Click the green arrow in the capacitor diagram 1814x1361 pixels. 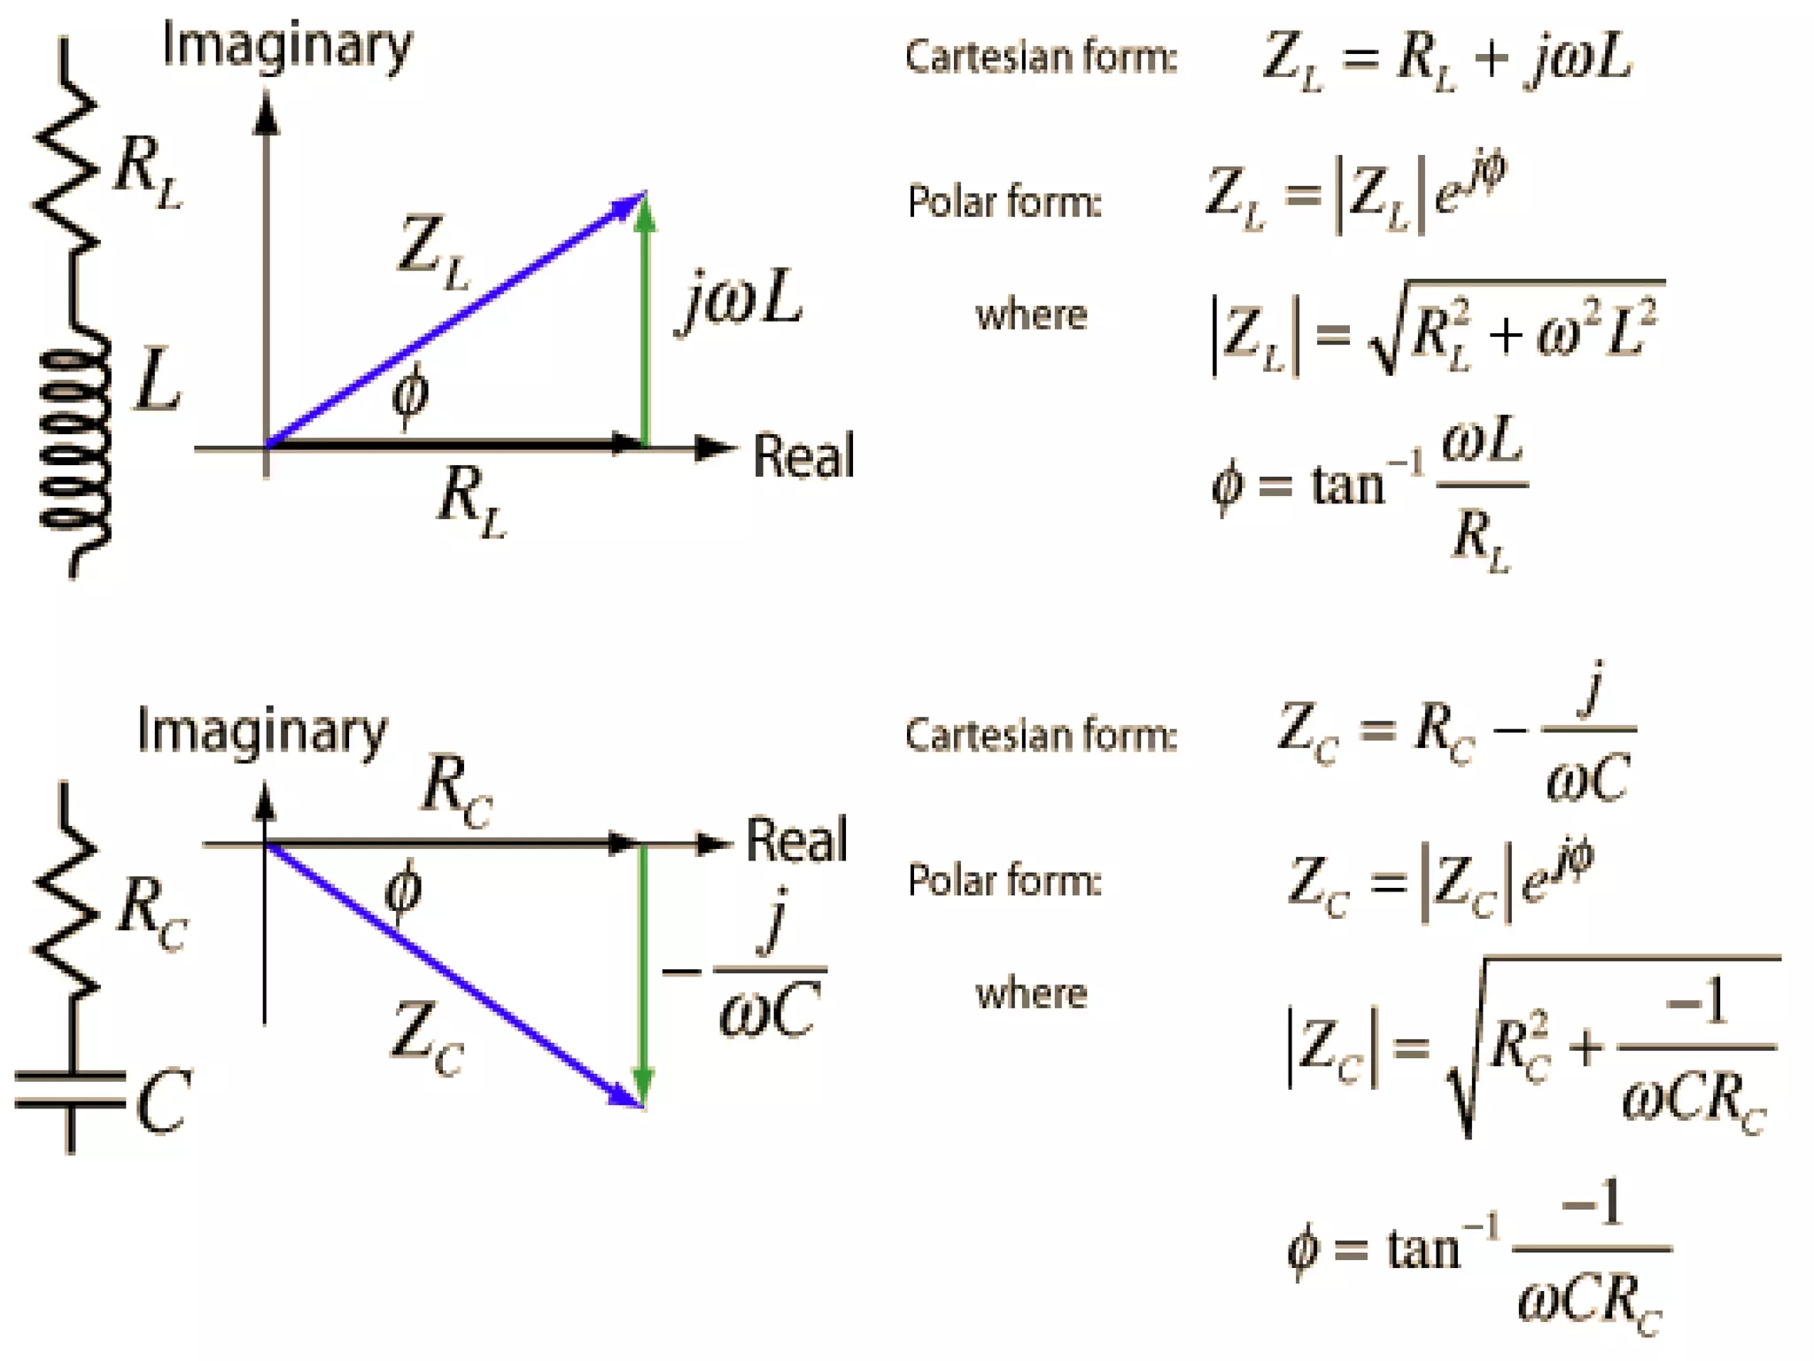click(x=644, y=975)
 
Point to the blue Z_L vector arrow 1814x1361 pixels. click(x=456, y=319)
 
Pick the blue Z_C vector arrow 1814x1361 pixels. click(x=452, y=975)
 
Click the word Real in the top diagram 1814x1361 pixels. click(x=802, y=456)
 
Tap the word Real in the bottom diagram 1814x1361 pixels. click(x=796, y=839)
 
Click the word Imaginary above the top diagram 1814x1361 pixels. click(x=287, y=46)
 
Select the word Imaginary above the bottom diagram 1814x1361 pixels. click(x=262, y=732)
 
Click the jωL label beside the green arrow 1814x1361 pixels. click(x=742, y=301)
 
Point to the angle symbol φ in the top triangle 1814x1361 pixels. click(x=410, y=394)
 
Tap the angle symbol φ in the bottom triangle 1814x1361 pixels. click(x=404, y=889)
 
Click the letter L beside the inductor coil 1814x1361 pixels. click(x=158, y=381)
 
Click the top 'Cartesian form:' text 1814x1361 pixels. click(x=1041, y=58)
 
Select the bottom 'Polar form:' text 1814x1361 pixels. click(x=1004, y=881)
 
